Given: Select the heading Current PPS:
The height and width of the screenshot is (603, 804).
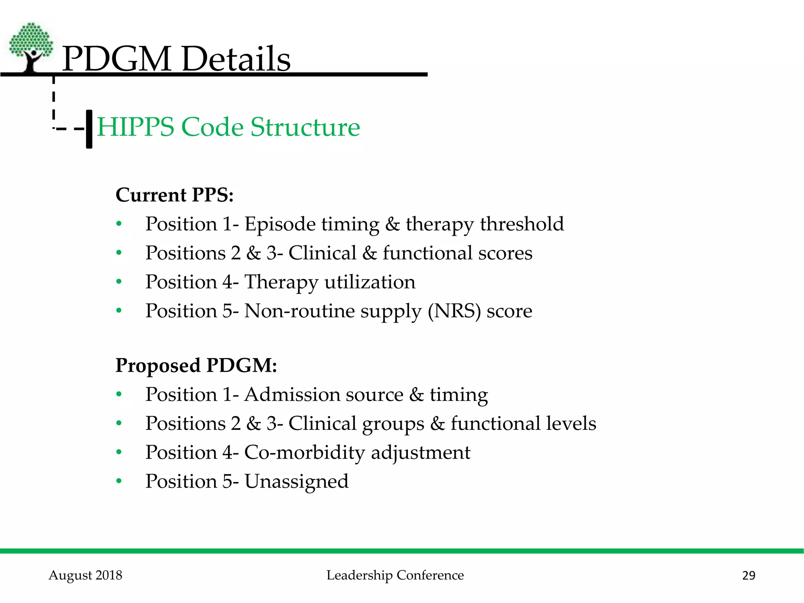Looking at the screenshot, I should point(174,195).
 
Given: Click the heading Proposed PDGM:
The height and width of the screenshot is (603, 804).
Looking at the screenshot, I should point(196,365).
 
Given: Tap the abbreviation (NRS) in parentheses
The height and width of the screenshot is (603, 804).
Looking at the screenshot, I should point(454,311).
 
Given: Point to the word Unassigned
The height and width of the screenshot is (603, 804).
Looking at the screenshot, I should point(296,481).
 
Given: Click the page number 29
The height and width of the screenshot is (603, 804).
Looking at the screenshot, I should point(749,576).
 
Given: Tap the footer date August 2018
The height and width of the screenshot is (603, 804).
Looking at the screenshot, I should point(86,575).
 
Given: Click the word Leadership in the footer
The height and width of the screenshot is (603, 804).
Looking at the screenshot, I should point(359,575).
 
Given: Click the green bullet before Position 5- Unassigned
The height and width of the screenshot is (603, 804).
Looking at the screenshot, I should point(119,481).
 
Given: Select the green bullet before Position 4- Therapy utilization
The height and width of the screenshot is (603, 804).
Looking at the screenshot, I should point(119,282).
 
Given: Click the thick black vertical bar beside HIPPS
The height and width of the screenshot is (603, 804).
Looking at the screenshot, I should point(89,129).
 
